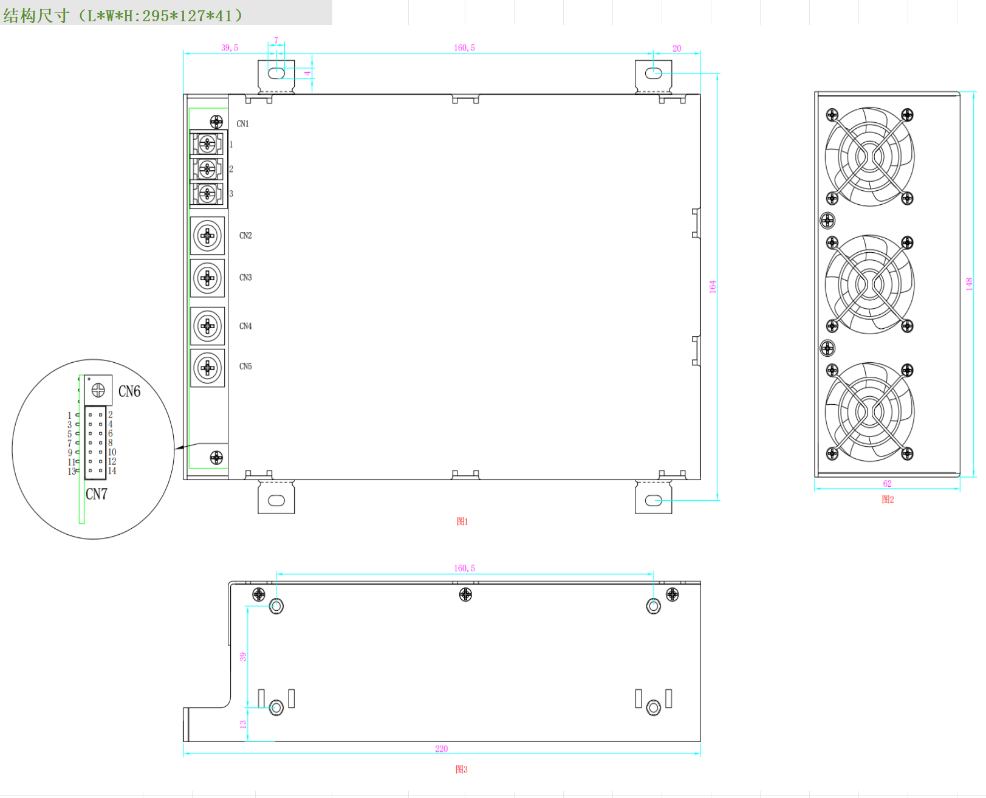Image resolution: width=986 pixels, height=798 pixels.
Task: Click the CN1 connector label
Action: click(242, 123)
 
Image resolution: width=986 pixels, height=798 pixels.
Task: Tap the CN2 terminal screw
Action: click(207, 236)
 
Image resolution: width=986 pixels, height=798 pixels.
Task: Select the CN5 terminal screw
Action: click(207, 368)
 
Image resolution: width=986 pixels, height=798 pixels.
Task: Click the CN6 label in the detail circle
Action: click(129, 391)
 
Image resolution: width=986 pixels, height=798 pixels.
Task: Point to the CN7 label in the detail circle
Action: click(96, 494)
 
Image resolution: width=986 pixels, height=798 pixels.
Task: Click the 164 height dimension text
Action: click(713, 287)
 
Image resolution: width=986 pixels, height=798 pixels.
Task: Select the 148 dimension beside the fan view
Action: click(969, 284)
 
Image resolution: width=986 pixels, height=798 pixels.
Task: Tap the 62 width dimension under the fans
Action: click(887, 484)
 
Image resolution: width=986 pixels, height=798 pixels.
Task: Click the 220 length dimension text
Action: click(441, 749)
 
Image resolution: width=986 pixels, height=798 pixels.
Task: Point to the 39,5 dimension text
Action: click(230, 47)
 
